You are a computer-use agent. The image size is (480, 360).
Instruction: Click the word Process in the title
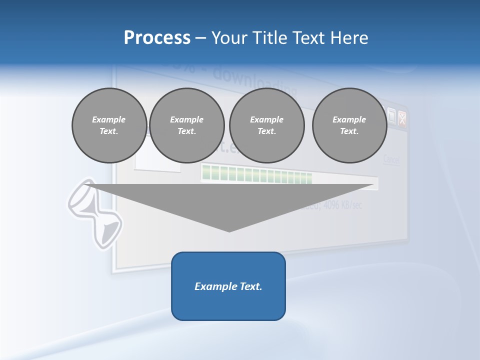point(157,38)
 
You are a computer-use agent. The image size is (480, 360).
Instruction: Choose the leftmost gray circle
point(109,125)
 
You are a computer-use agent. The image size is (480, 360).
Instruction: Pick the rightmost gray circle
point(349,125)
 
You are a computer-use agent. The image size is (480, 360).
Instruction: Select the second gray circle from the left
point(187,125)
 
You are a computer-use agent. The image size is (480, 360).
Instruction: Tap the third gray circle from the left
point(267,125)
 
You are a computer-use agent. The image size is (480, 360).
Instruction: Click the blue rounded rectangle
point(228,286)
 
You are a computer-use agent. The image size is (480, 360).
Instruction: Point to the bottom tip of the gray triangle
point(229,230)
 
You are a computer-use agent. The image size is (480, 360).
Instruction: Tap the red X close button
point(401,118)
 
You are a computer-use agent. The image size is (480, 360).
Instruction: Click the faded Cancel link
point(391,160)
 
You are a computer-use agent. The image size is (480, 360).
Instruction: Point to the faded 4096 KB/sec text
point(340,205)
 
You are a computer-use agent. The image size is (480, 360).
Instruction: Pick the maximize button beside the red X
point(391,116)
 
